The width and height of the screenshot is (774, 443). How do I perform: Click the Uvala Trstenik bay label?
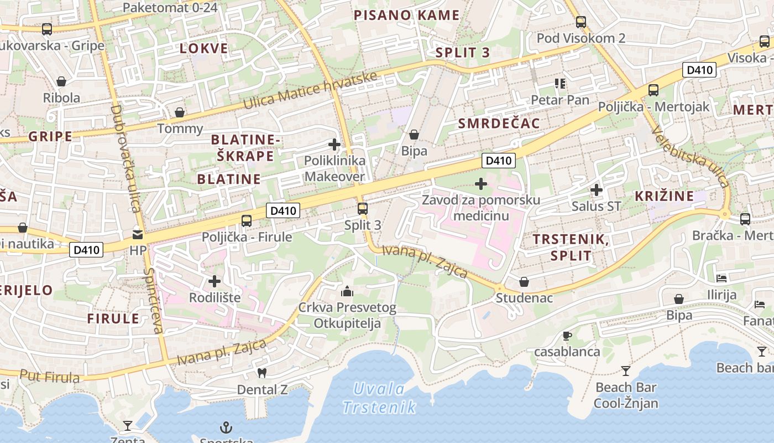[379, 398]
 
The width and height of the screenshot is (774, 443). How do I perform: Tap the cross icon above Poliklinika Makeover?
[334, 145]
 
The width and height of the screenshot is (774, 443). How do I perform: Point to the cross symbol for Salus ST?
[596, 190]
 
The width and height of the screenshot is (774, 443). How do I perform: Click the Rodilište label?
[215, 297]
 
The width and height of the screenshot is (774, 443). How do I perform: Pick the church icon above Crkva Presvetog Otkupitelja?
[347, 291]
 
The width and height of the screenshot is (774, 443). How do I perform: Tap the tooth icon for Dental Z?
[262, 373]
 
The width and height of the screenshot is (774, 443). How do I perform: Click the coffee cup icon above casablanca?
[567, 335]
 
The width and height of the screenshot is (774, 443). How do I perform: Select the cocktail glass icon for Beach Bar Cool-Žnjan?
[625, 370]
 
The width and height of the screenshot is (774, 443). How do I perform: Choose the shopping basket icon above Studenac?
[524, 282]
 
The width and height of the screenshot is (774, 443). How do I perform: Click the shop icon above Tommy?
[180, 113]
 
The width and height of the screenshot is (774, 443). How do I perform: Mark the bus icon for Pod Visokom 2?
[580, 22]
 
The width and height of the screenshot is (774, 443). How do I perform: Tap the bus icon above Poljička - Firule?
[247, 221]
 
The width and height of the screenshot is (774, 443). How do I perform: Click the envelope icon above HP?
[138, 235]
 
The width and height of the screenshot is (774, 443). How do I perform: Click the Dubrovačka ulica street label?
[125, 159]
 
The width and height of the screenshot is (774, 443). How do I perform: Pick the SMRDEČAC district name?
[499, 123]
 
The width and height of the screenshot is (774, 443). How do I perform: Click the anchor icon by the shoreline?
[226, 427]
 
